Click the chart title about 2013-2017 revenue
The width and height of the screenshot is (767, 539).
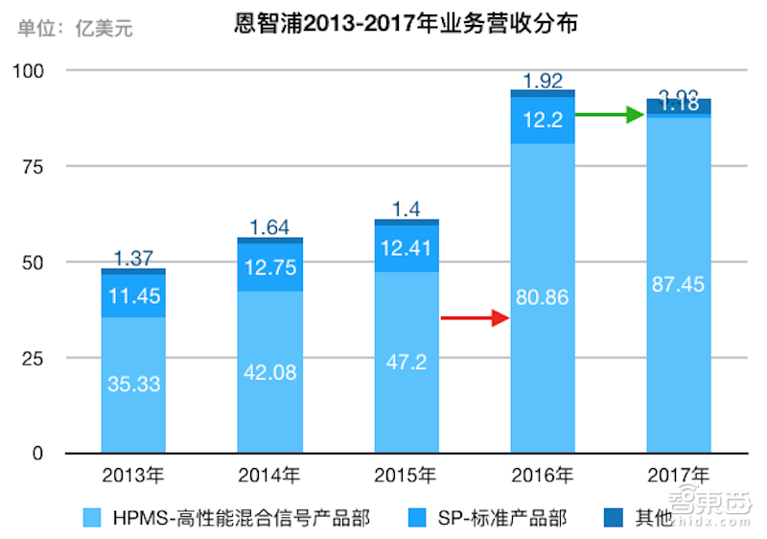(407, 24)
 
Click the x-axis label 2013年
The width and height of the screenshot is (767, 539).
(133, 475)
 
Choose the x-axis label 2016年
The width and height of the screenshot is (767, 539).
(543, 475)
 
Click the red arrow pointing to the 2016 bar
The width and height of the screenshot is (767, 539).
(474, 317)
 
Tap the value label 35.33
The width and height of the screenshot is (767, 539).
(133, 385)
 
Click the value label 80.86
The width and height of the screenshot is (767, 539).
(543, 297)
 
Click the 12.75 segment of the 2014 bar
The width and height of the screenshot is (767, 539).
(269, 268)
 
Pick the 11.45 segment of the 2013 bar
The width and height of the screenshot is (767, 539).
(133, 296)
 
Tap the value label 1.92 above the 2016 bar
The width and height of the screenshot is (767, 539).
(543, 81)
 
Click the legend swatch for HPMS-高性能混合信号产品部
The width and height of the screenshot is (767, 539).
(92, 519)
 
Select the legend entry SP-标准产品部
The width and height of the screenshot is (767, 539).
(500, 519)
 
